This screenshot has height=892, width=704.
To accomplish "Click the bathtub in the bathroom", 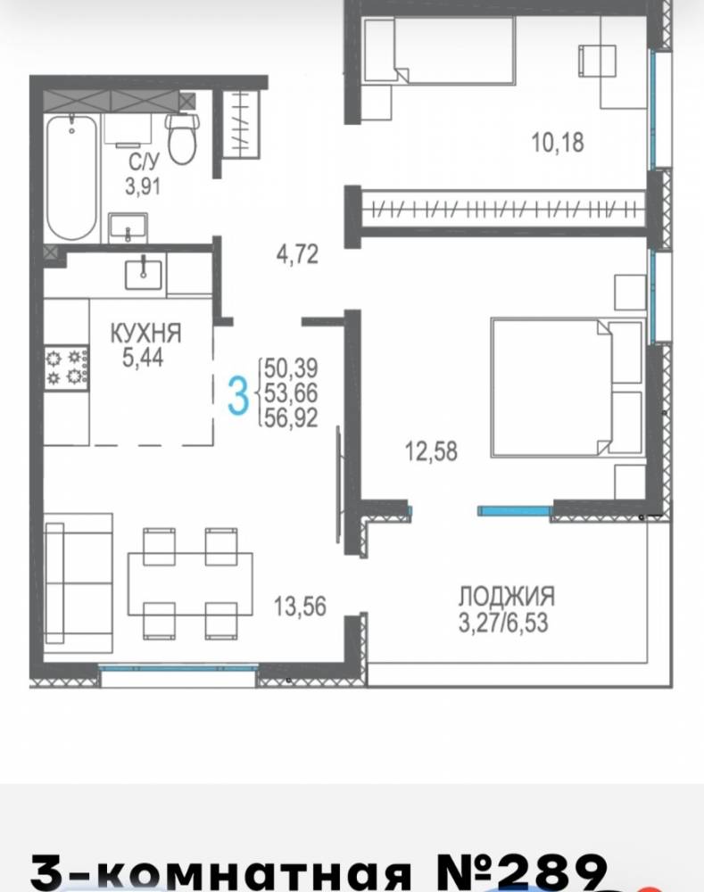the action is pyautogui.click(x=71, y=178).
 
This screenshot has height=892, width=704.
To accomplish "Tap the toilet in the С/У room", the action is pyautogui.click(x=182, y=139).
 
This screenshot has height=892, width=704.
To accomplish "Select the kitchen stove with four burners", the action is pyautogui.click(x=67, y=368).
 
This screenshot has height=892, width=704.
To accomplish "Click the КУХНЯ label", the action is pyautogui.click(x=145, y=333).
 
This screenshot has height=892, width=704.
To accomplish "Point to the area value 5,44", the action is pyautogui.click(x=143, y=358).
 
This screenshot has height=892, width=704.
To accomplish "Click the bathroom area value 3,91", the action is pyautogui.click(x=143, y=186).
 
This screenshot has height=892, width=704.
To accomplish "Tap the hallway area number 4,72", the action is pyautogui.click(x=297, y=254).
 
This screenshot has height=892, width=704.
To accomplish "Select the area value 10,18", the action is pyautogui.click(x=557, y=142).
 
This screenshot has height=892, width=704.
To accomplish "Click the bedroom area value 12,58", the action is pyautogui.click(x=431, y=451).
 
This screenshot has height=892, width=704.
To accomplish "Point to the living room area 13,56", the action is pyautogui.click(x=300, y=607).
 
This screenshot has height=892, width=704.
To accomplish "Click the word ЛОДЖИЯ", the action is pyautogui.click(x=507, y=596).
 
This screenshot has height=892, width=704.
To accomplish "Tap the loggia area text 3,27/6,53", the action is pyautogui.click(x=503, y=623).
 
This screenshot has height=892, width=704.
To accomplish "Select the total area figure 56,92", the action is pyautogui.click(x=291, y=418).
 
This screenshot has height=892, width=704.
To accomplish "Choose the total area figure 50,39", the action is pyautogui.click(x=291, y=368).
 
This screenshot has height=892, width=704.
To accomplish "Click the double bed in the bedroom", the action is pyautogui.click(x=567, y=388).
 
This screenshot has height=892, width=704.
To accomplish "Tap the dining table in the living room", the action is pyautogui.click(x=190, y=583).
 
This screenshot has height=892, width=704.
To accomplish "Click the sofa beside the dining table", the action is pyautogui.click(x=79, y=583).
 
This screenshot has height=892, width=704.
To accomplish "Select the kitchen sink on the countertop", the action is pyautogui.click(x=143, y=274).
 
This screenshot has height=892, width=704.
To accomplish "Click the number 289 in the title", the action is pyautogui.click(x=546, y=871).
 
